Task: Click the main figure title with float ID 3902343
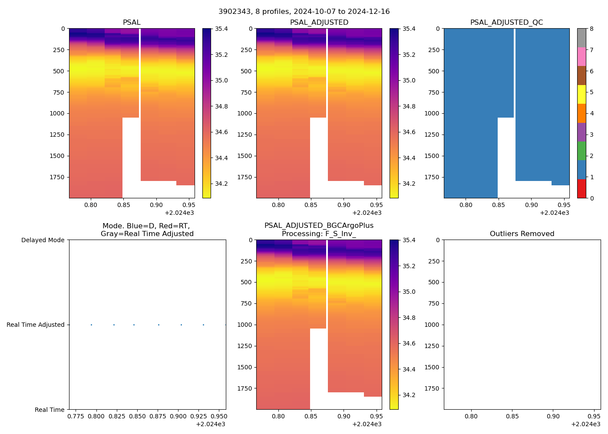tap(304, 12)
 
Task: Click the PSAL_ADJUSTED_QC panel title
tap(506, 22)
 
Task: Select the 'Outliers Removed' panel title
tap(522, 233)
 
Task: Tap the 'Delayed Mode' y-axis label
tap(43, 240)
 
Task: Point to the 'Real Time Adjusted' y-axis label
tap(36, 325)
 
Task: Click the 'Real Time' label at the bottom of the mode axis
tap(50, 410)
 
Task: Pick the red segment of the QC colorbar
tap(581, 189)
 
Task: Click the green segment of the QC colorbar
tap(581, 151)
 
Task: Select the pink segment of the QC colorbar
tap(581, 56)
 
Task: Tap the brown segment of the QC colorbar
tap(581, 76)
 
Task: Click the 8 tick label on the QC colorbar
tap(591, 29)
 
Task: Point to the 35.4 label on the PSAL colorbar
tap(221, 29)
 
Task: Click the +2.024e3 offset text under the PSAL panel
tap(179, 213)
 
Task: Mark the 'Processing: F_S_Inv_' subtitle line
tap(319, 233)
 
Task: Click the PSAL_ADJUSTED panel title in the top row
tap(319, 22)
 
